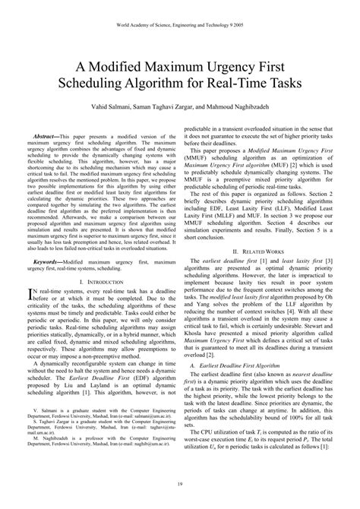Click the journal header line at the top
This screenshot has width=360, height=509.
tap(180, 24)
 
